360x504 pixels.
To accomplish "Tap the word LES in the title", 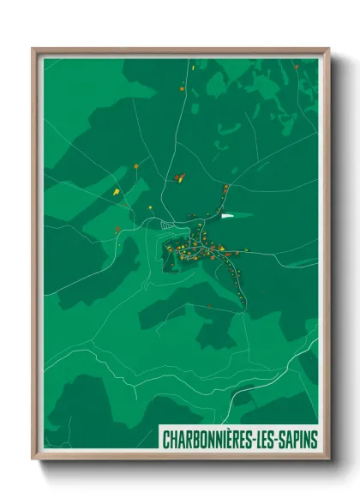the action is coord(269,439).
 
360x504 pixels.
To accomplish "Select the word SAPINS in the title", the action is coord(300,439).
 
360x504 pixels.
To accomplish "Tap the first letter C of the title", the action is coord(165,439).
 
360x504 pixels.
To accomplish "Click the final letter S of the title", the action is coord(315,439).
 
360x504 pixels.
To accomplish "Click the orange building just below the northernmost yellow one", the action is coord(183,89).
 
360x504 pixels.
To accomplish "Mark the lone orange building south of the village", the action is coord(209,305).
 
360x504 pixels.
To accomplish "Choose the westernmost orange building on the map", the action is coord(117,229).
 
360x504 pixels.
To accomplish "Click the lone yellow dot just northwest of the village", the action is coord(151,207).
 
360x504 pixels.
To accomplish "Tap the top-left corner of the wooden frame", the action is coord(33,50).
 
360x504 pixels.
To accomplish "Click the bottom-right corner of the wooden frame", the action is coord(329,459).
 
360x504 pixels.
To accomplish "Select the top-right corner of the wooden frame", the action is coord(329,50).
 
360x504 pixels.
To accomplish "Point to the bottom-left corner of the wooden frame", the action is coord(33,459).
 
